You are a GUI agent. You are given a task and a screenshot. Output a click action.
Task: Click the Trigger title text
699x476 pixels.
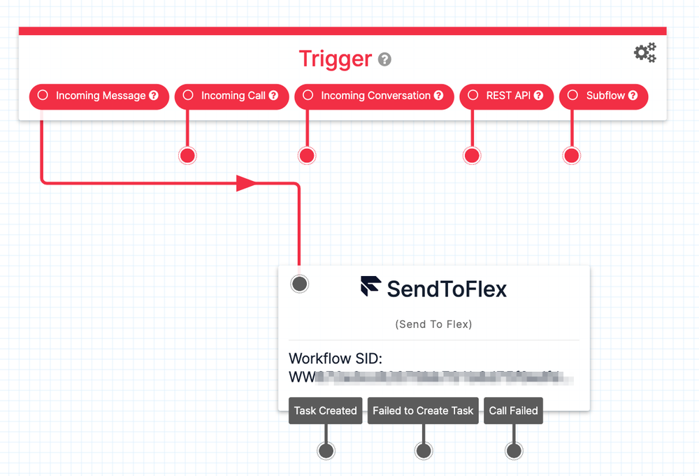click(335, 59)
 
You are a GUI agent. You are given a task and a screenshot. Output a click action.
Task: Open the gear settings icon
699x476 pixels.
click(644, 52)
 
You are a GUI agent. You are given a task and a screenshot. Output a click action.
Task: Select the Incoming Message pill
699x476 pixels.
click(99, 96)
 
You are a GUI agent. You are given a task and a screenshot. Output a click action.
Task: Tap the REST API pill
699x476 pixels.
click(506, 96)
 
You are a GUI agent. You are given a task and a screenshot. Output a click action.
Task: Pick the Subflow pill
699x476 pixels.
click(604, 96)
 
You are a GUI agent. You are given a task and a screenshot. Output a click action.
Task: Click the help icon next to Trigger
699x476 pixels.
click(384, 60)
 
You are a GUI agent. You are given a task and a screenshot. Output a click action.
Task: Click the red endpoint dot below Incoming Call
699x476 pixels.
click(187, 155)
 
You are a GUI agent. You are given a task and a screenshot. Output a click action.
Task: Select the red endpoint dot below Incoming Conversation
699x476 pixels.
click(306, 155)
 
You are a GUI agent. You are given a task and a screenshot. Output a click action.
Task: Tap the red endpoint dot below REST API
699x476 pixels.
click(472, 155)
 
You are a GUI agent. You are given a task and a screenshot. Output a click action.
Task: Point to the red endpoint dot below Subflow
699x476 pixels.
click(572, 155)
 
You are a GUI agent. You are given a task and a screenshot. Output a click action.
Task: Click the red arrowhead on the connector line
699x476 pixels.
click(246, 184)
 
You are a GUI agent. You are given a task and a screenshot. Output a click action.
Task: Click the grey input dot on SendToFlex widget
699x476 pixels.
click(299, 284)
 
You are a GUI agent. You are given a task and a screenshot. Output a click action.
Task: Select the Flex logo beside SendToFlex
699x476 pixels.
click(370, 287)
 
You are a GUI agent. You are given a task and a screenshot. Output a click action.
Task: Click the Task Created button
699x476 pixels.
click(325, 411)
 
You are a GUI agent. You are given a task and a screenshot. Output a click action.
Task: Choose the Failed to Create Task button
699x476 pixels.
click(423, 411)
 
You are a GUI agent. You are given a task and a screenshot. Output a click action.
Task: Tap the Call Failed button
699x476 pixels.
click(513, 411)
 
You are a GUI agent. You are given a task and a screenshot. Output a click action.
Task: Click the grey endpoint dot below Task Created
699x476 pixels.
click(326, 451)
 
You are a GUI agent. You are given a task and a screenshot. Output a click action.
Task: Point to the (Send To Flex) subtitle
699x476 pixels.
click(433, 324)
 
